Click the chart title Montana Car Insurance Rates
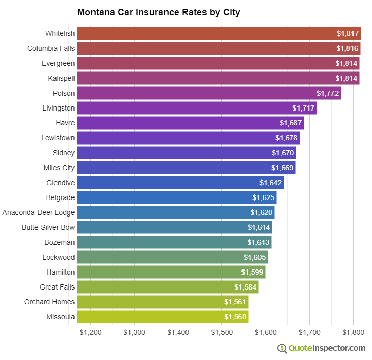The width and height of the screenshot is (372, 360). [158, 12]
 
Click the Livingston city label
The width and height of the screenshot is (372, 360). [59, 108]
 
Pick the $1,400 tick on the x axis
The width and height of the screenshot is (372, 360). [178, 333]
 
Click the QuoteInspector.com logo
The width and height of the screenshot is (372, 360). [321, 348]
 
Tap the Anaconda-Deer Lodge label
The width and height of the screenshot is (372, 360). [39, 212]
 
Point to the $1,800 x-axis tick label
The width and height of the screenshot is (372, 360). [353, 333]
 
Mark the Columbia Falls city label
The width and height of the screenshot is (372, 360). [51, 48]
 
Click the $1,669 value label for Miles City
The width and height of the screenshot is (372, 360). [282, 168]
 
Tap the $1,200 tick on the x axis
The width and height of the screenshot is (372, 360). [91, 333]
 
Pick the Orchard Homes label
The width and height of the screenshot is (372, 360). [49, 302]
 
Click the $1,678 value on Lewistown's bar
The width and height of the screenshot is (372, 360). [286, 138]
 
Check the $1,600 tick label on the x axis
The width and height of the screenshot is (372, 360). [266, 333]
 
